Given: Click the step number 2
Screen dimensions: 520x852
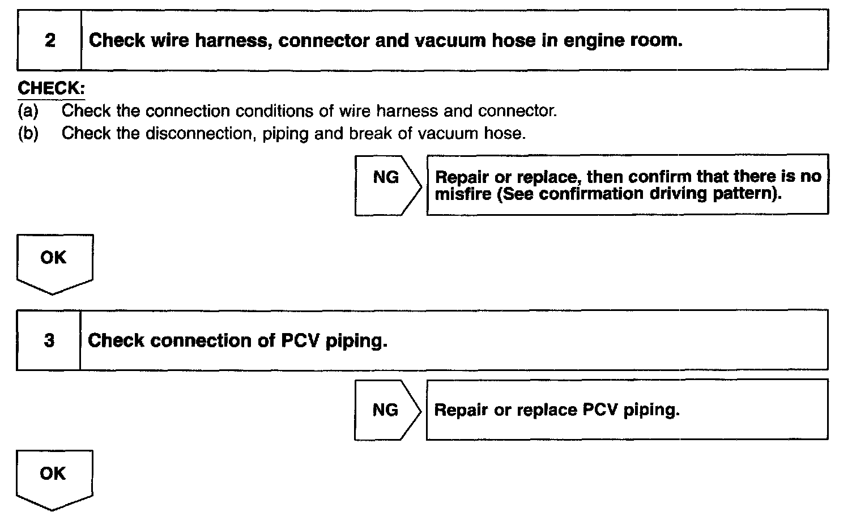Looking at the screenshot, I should [50, 40].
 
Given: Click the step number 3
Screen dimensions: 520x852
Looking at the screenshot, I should [49, 340].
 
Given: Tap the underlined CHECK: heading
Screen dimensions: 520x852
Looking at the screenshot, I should [52, 88].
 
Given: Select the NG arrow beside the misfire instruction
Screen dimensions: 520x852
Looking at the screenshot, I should [387, 185].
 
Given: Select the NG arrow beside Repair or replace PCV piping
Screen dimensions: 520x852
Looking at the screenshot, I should [387, 410].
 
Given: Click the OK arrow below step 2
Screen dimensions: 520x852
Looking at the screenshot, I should [54, 262].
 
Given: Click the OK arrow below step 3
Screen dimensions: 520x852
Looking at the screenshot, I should [54, 478].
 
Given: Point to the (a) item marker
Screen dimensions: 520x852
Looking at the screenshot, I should [28, 110].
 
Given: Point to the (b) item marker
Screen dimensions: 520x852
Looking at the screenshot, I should [28, 133].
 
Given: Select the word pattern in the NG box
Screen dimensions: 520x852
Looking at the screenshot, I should [748, 194].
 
